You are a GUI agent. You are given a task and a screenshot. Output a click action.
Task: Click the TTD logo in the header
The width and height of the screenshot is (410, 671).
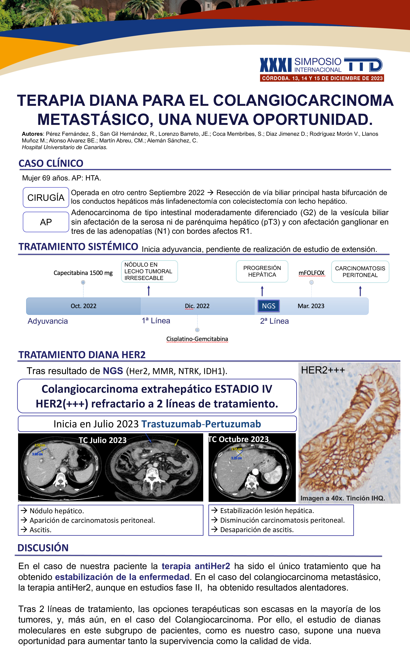pyautogui.click(x=363, y=65)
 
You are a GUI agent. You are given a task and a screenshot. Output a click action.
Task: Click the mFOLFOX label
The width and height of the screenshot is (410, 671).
pyautogui.click(x=312, y=273)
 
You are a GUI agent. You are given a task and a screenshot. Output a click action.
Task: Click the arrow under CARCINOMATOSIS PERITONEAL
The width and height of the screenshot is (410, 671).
pyautogui.click(x=360, y=291)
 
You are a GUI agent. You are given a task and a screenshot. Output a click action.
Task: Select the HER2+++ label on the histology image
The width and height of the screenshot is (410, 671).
pyautogui.click(x=323, y=370)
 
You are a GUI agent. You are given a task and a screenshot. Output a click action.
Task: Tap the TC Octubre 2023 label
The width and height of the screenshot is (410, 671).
pyautogui.click(x=239, y=439)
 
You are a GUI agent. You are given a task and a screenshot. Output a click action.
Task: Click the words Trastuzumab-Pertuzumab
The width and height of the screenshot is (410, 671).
pyautogui.click(x=201, y=424)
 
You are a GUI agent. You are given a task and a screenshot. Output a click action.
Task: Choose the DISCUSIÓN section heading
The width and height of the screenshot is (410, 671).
pyautogui.click(x=43, y=548)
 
